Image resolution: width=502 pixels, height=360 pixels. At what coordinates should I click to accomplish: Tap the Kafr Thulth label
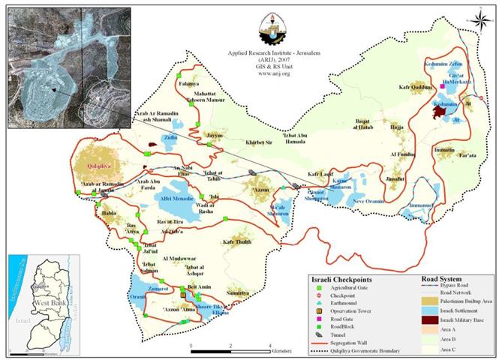(x=237, y=242)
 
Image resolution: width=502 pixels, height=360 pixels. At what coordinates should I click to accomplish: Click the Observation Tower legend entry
(x=351, y=310)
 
